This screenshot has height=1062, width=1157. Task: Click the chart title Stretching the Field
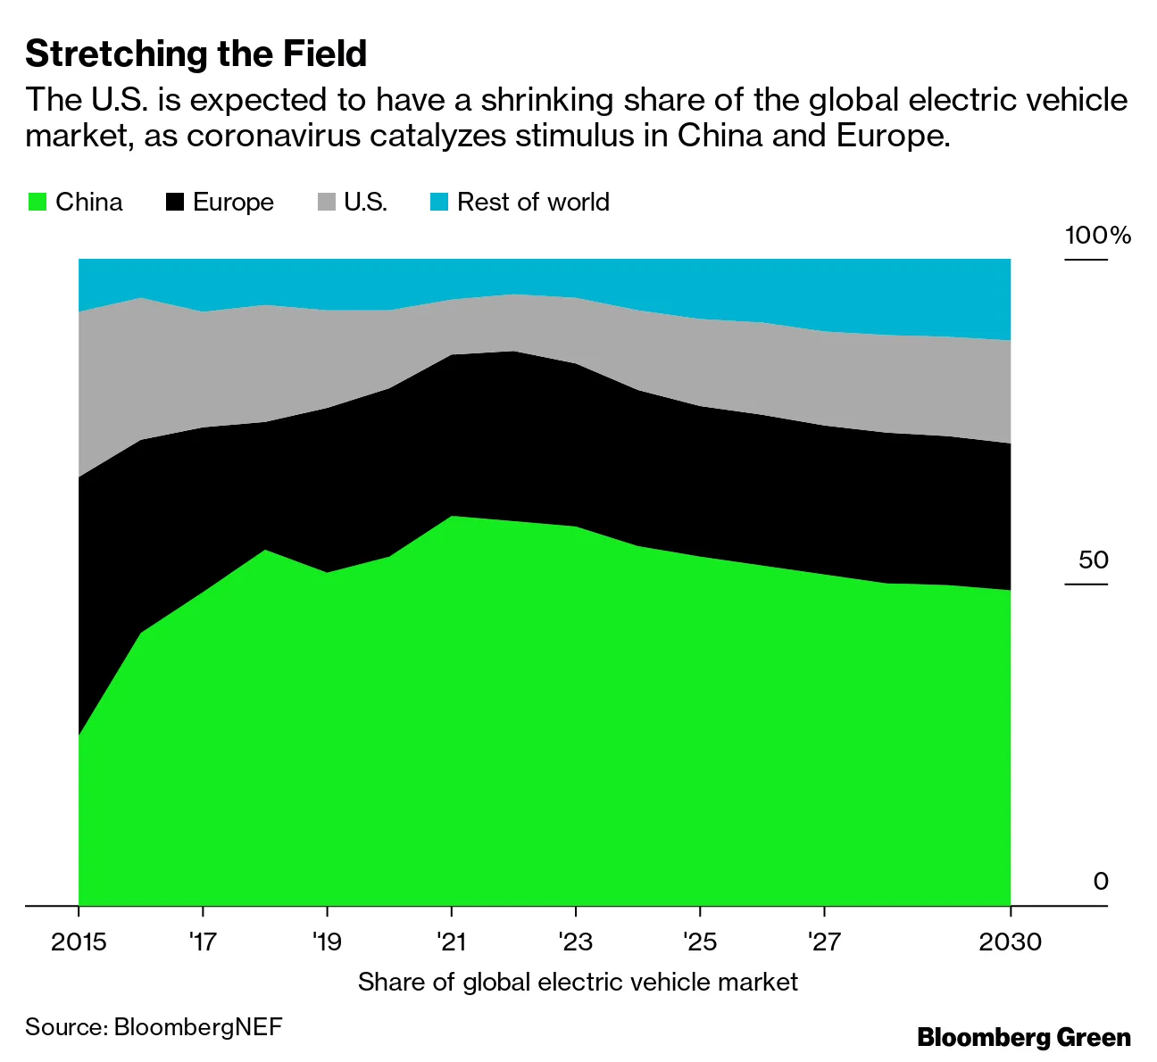pyautogui.click(x=196, y=54)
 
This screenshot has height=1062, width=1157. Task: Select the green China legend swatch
pyautogui.click(x=37, y=202)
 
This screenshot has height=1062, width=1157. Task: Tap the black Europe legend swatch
pyautogui.click(x=175, y=202)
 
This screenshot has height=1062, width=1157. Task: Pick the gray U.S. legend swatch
pyautogui.click(x=327, y=202)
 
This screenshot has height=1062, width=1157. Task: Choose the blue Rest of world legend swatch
pyautogui.click(x=439, y=202)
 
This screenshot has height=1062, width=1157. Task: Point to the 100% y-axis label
pyautogui.click(x=1097, y=236)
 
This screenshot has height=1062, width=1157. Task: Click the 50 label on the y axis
pyautogui.click(x=1093, y=560)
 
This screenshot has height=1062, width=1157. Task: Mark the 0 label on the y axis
pyautogui.click(x=1100, y=882)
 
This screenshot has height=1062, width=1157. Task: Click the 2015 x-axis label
pyautogui.click(x=79, y=942)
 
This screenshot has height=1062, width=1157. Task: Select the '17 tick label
pyautogui.click(x=203, y=942)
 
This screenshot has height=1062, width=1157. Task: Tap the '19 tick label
pyautogui.click(x=327, y=942)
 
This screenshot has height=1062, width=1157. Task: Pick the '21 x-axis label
pyautogui.click(x=451, y=942)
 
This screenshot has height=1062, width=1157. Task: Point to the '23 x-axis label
pyautogui.click(x=575, y=942)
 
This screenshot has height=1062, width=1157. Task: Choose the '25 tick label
pyautogui.click(x=699, y=942)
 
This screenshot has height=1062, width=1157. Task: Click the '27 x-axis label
pyautogui.click(x=823, y=942)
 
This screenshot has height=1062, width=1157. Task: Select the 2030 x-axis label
pyautogui.click(x=1010, y=942)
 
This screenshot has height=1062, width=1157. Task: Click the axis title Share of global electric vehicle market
pyautogui.click(x=578, y=983)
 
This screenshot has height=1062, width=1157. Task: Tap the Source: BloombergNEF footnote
pyautogui.click(x=154, y=1027)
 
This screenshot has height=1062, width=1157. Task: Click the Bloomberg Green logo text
pyautogui.click(x=1024, y=1038)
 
